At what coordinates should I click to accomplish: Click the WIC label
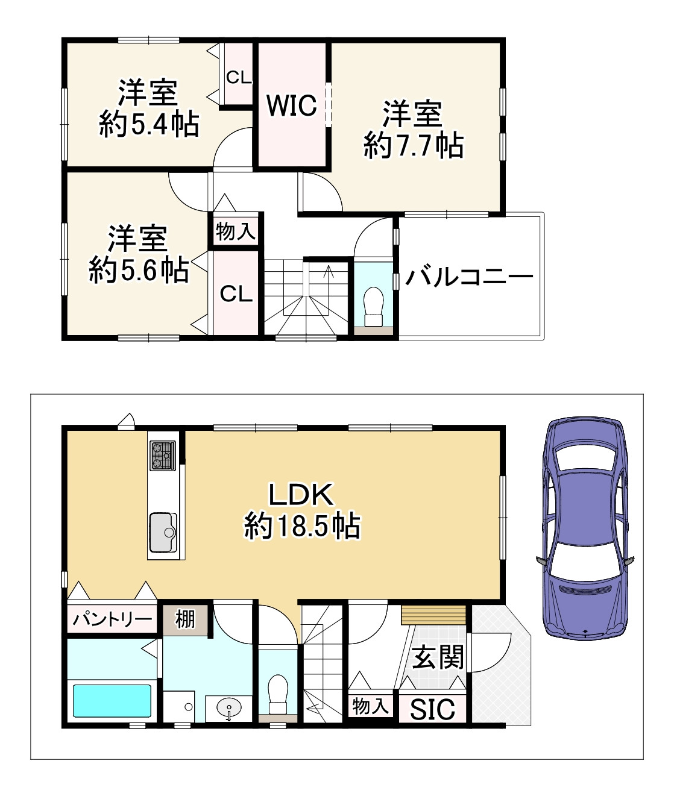[x=292, y=105]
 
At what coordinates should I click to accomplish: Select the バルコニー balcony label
[x=470, y=277]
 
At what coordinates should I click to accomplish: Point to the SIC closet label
[x=432, y=709]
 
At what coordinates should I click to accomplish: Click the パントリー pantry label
[x=112, y=619]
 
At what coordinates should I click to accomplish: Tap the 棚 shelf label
[x=185, y=619]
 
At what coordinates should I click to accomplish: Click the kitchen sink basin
[x=163, y=533]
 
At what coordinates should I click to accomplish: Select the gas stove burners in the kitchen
[x=163, y=456]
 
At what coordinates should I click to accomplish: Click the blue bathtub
[x=112, y=701]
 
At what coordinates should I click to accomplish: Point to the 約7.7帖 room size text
[x=414, y=146]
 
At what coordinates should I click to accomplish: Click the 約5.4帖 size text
[x=149, y=124]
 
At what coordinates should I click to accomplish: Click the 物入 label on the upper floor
[x=236, y=232]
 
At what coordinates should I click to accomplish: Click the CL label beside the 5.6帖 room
[x=236, y=295]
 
